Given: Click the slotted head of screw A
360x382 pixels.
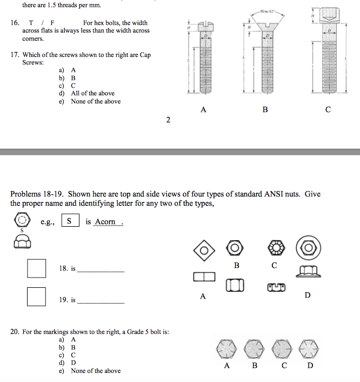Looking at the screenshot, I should click(x=204, y=25).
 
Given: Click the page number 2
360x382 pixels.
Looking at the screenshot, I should click(x=168, y=120).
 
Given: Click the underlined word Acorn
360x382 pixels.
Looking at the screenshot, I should click(x=105, y=222).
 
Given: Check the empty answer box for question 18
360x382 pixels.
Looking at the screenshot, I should click(x=37, y=268).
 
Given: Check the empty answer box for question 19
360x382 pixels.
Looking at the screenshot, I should click(x=37, y=297).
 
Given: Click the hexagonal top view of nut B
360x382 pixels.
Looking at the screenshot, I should click(x=235, y=248).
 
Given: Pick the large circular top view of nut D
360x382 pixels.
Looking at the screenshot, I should click(x=308, y=248).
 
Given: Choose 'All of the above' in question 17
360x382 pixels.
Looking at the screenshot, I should click(x=92, y=94).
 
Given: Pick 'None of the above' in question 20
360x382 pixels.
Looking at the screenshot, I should click(x=96, y=371).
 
